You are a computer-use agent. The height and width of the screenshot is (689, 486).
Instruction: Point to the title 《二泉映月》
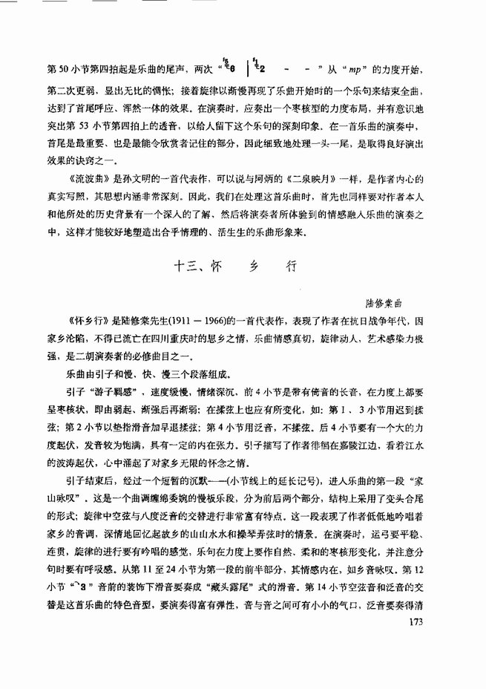point(278,182)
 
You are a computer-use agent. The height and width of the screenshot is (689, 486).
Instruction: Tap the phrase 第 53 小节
point(96,124)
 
